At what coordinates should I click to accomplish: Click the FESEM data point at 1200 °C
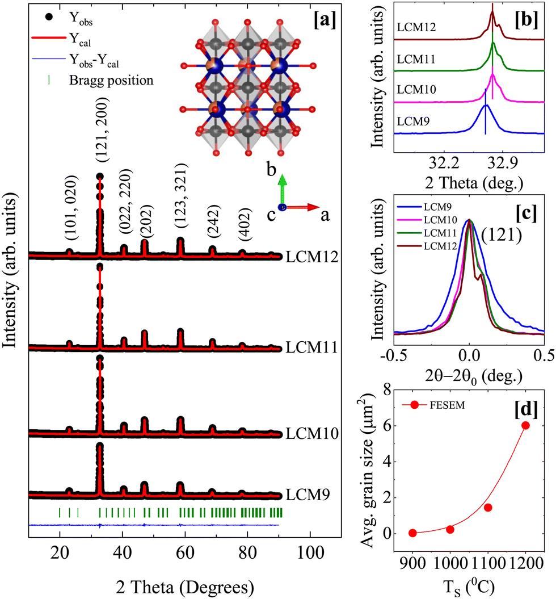[525, 425]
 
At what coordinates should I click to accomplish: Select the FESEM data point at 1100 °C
[488, 508]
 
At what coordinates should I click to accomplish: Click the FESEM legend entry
[433, 405]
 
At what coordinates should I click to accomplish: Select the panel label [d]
[526, 409]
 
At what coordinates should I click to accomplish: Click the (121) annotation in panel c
[502, 234]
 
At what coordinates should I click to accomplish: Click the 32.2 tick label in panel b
[444, 163]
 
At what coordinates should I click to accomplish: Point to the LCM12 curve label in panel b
[416, 27]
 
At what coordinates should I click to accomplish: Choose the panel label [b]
[526, 20]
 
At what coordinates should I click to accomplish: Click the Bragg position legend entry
[101, 80]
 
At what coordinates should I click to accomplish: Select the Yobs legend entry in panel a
[69, 18]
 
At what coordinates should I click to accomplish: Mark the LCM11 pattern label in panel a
[312, 347]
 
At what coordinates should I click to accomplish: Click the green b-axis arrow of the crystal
[282, 190]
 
